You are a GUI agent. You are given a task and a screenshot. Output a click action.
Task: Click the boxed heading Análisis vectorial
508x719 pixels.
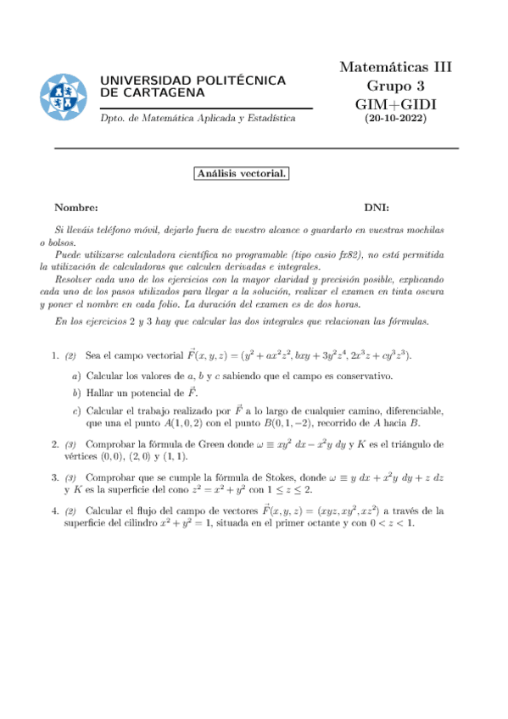coord(243,174)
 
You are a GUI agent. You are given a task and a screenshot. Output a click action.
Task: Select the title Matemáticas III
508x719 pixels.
coord(395,67)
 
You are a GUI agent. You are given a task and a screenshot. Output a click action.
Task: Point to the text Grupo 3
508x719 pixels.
coord(395,86)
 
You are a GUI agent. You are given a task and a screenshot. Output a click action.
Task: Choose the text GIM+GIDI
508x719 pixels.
coord(395,103)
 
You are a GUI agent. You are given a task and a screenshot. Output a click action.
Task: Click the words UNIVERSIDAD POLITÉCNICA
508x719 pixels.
coord(193,80)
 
